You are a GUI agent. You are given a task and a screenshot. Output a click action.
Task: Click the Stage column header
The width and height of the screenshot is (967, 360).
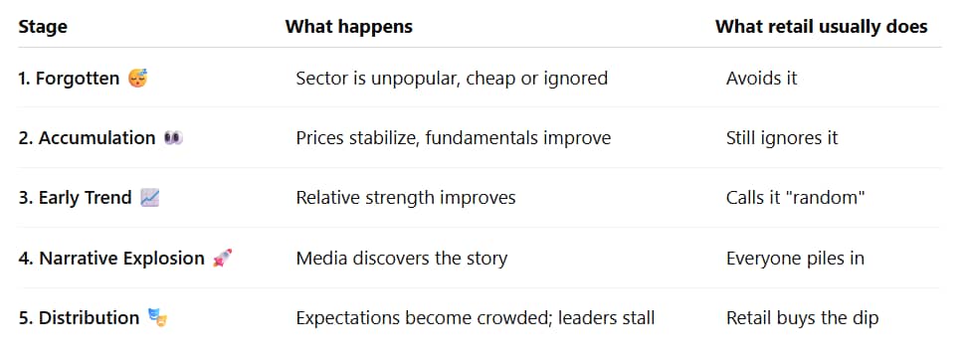click(x=43, y=27)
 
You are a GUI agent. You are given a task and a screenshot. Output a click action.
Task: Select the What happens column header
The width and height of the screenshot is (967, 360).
click(x=348, y=27)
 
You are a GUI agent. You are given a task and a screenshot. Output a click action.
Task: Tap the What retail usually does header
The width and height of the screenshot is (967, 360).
click(x=821, y=27)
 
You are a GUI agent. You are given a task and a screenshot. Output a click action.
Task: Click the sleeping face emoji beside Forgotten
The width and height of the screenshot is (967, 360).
click(x=137, y=79)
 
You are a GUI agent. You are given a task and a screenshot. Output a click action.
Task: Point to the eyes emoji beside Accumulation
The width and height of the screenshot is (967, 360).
click(x=173, y=138)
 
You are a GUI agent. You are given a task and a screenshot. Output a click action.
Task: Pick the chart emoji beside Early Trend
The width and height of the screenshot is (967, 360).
click(x=150, y=198)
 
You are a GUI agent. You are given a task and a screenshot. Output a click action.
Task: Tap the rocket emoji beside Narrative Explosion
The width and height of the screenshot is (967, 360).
click(x=222, y=258)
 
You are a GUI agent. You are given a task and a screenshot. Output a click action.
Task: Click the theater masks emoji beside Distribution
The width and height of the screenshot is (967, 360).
click(x=158, y=318)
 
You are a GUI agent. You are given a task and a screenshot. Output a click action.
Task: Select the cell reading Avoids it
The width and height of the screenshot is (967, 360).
click(x=762, y=79)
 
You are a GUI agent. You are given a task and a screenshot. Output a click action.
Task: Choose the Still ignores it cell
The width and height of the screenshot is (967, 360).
click(x=782, y=138)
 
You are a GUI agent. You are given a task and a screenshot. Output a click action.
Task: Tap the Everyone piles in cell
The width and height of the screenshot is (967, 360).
click(x=795, y=258)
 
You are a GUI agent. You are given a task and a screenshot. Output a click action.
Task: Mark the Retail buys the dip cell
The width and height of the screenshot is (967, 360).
click(x=802, y=318)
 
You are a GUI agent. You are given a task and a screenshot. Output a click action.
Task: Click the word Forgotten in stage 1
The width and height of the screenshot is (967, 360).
click(x=78, y=79)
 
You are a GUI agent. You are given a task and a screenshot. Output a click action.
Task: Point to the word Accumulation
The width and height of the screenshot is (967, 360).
click(x=97, y=138)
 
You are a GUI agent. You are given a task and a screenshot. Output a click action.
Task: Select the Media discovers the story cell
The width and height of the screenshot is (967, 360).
click(x=402, y=258)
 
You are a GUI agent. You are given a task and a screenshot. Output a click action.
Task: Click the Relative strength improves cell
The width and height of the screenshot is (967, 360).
click(x=406, y=198)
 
